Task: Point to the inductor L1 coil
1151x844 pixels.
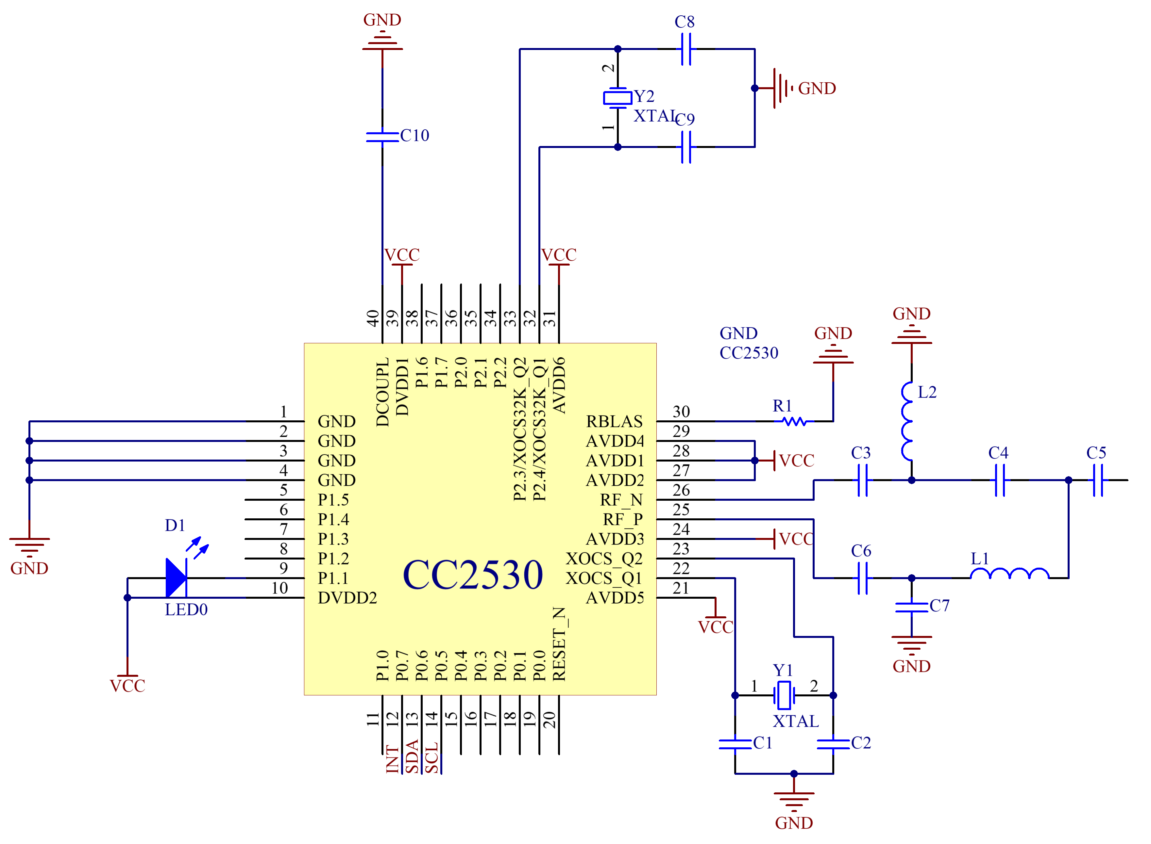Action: (1009, 574)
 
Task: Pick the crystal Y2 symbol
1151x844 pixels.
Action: (618, 98)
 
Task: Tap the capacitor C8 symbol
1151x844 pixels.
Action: (686, 49)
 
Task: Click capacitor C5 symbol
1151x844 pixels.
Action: (1097, 480)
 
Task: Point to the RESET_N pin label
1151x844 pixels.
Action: (559, 644)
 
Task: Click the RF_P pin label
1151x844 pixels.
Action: (622, 519)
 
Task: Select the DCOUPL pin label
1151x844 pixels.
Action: (382, 391)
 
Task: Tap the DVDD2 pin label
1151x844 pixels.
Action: (347, 598)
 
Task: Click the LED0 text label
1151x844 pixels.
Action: (186, 609)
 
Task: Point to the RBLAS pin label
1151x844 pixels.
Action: (614, 421)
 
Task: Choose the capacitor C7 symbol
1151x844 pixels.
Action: (912, 607)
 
